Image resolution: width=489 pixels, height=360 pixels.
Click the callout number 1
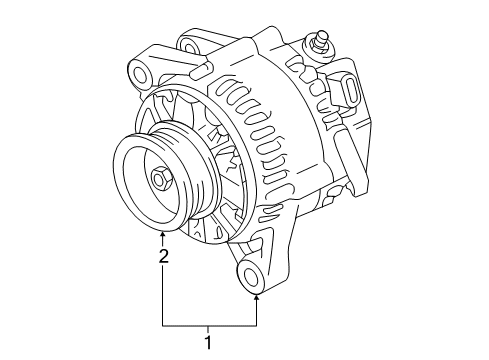209,343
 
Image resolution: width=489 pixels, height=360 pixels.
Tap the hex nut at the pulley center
160,181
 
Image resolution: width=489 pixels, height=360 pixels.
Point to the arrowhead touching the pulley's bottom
163,236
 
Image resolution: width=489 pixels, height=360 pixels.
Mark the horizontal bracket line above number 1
210,325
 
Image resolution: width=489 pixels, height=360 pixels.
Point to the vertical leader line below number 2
163,295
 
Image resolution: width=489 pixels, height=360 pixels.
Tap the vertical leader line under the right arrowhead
257,312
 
